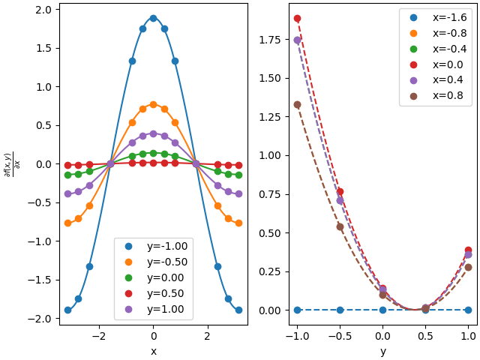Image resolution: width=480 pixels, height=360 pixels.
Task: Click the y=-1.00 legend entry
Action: [156, 246]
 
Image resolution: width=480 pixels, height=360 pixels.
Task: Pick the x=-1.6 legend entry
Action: [438, 17]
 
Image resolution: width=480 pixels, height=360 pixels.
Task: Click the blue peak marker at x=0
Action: [153, 18]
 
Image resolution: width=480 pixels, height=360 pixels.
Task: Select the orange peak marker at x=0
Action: [153, 105]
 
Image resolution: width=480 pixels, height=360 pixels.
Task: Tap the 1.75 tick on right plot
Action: [270, 40]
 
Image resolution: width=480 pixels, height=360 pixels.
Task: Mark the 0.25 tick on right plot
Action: [270, 271]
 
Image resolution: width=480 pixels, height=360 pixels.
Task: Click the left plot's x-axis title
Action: [154, 351]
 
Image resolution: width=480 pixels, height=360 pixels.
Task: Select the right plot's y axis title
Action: [383, 352]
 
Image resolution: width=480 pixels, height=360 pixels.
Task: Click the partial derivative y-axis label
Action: [12, 165]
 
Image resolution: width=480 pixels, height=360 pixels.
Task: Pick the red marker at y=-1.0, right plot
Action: [297, 18]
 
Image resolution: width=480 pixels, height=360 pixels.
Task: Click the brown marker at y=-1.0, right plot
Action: [297, 105]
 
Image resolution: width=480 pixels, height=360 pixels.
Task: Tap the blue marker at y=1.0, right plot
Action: [468, 310]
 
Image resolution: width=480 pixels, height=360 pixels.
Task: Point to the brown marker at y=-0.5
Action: [340, 226]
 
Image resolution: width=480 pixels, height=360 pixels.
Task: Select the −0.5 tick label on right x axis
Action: [340, 336]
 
